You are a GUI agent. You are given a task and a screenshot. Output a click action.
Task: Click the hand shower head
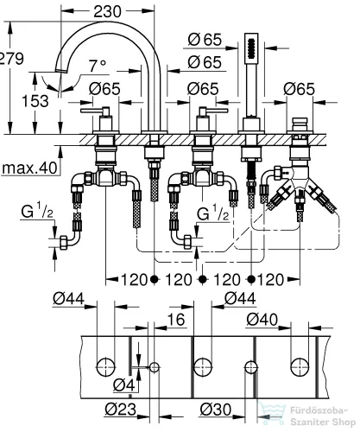(252, 48)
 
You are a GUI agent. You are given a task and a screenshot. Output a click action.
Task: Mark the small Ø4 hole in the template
(155, 367)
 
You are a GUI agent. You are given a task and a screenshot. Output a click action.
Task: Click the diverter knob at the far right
(300, 120)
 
